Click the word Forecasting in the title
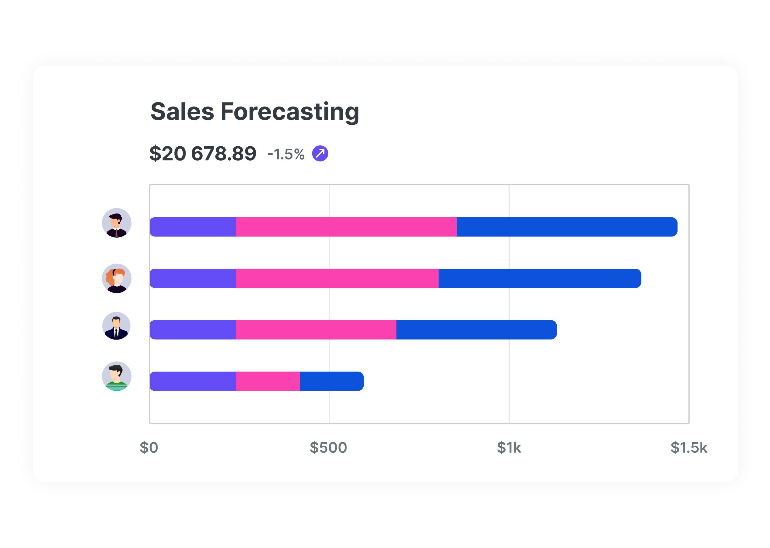click(290, 112)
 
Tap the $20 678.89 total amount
click(203, 154)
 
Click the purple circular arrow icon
click(320, 154)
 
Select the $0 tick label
click(149, 447)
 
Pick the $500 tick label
click(328, 447)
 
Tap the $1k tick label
click(509, 447)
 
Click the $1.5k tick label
click(688, 447)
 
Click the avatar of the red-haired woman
click(117, 278)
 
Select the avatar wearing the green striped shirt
click(117, 376)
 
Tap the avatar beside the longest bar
click(117, 223)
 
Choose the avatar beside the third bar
click(117, 326)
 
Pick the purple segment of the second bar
click(193, 278)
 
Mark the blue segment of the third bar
click(476, 330)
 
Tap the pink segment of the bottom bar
click(268, 381)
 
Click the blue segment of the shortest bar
click(332, 381)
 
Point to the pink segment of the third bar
click(316, 330)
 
